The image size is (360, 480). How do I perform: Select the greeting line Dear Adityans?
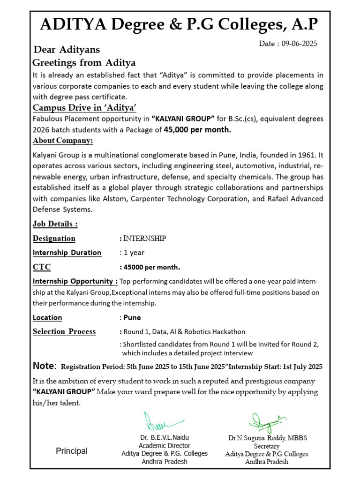tap(67, 50)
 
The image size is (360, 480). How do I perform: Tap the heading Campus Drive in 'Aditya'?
tap(84, 108)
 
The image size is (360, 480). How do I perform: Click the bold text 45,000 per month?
tap(197, 130)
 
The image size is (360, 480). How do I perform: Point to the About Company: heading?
tap(63, 141)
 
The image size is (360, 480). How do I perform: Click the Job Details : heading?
tap(55, 224)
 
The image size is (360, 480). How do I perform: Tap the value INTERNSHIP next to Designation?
tap(144, 238)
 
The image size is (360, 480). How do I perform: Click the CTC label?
tap(42, 267)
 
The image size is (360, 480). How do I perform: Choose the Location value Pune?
tap(132, 317)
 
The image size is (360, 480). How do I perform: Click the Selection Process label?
tap(64, 332)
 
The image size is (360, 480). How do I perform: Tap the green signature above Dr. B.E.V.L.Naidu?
tap(162, 421)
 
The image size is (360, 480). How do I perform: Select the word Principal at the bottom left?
tap(72, 451)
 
